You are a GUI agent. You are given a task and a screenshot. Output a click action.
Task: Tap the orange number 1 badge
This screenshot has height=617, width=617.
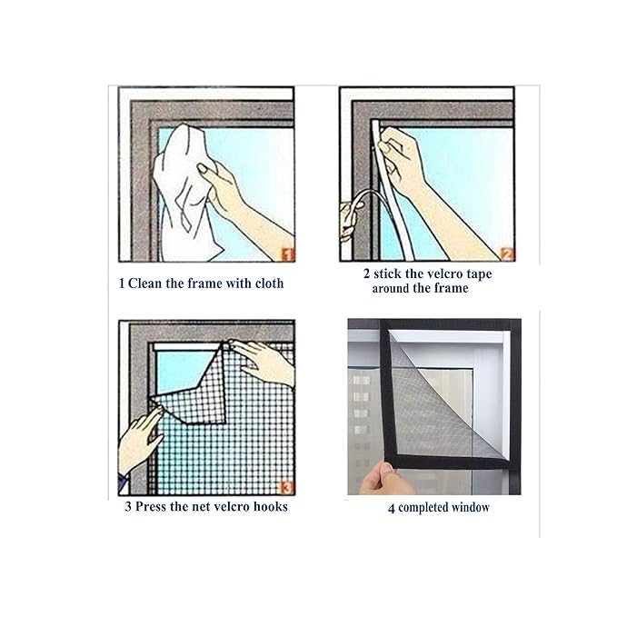(288, 255)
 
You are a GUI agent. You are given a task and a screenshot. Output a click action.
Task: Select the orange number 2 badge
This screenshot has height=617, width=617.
(507, 254)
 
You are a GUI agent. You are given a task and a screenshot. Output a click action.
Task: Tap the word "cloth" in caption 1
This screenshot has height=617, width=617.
(269, 284)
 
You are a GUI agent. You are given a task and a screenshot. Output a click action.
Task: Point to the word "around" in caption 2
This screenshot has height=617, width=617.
(391, 288)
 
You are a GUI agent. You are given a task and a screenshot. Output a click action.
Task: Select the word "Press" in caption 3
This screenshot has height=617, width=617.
(151, 506)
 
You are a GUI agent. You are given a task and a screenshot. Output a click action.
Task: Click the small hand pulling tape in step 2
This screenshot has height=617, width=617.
(350, 220)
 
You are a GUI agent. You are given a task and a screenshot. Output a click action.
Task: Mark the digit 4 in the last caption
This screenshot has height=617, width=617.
(391, 509)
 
